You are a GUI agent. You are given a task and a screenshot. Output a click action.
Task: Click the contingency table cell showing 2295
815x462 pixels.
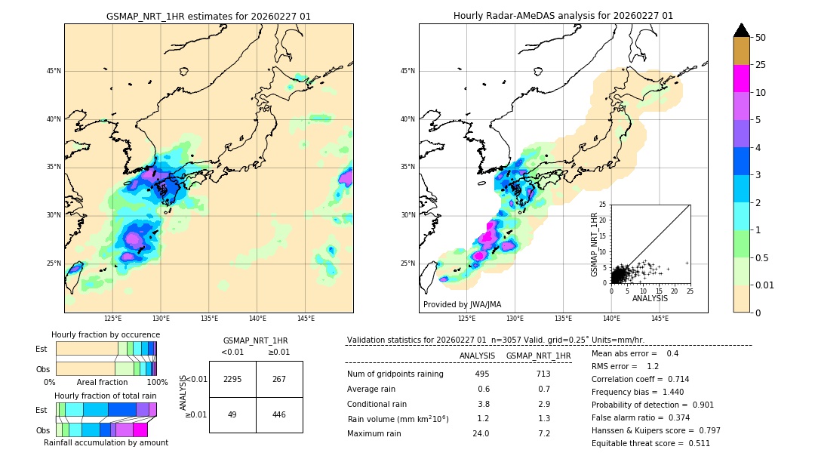tap(232, 379)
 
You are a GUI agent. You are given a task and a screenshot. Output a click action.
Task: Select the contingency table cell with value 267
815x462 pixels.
tap(279, 379)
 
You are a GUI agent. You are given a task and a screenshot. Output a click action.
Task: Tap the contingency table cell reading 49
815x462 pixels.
tap(232, 414)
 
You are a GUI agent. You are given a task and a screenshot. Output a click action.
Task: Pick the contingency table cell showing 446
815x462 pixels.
tap(279, 414)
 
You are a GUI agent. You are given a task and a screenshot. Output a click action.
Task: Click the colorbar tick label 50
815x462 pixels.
tap(761, 38)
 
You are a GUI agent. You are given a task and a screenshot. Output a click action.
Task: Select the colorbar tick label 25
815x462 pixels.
tap(761, 65)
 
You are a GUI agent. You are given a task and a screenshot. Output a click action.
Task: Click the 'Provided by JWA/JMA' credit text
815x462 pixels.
tap(462, 305)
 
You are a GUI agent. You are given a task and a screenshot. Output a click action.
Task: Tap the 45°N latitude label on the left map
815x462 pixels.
tap(54, 71)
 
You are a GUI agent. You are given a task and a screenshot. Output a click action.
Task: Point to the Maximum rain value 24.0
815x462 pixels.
tap(482, 433)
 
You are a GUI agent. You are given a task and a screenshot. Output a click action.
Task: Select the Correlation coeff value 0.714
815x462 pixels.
tap(673, 379)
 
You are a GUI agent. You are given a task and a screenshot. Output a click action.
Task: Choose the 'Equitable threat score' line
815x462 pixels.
tap(650, 443)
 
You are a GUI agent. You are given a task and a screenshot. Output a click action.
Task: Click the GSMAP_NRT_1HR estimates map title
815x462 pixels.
tap(208, 16)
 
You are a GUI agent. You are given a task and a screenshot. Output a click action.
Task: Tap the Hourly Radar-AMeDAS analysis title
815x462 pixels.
tap(563, 16)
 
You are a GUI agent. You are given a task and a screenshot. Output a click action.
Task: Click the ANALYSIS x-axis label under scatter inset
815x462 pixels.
tap(650, 298)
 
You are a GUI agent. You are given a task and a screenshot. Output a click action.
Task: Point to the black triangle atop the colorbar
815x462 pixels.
tap(742, 30)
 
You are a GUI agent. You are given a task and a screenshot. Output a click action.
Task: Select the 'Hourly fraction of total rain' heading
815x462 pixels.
tap(106, 396)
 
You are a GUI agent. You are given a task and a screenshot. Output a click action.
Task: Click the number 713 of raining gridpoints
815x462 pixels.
tap(543, 374)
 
